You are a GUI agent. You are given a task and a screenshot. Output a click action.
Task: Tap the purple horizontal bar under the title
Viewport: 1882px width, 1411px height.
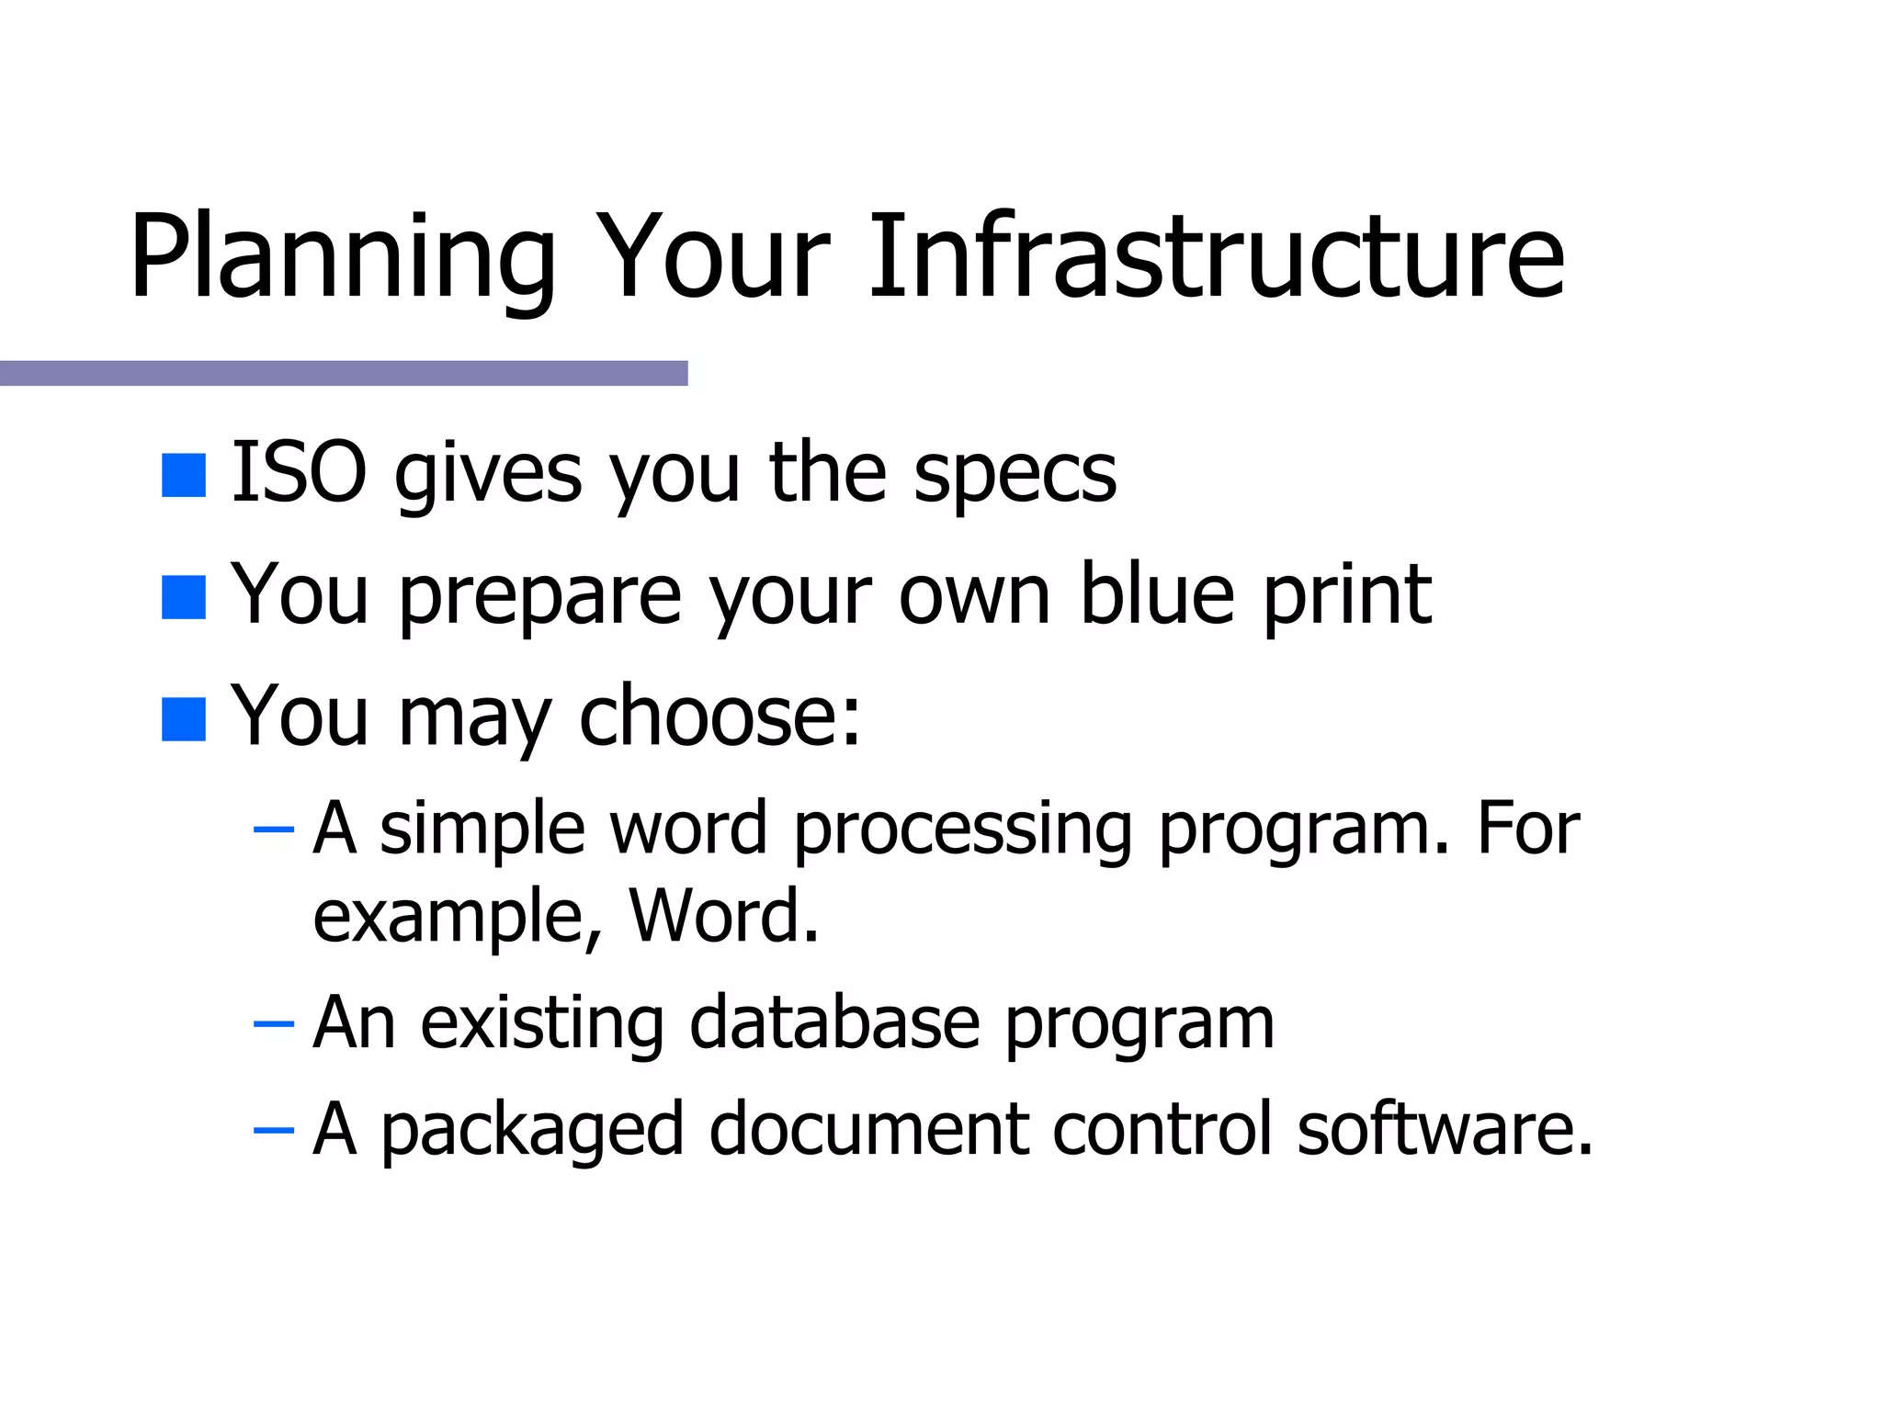[x=344, y=373]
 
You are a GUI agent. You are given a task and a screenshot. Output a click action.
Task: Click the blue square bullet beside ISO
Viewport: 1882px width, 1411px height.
[x=183, y=476]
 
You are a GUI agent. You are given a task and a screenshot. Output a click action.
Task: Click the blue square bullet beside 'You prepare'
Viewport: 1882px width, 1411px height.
[x=183, y=598]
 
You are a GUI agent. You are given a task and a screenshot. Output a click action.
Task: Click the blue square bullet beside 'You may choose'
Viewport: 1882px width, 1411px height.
[x=183, y=719]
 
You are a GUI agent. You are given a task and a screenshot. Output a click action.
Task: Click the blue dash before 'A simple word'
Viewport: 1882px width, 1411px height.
[x=273, y=830]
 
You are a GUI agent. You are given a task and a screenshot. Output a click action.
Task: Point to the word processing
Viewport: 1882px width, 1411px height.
[x=962, y=830]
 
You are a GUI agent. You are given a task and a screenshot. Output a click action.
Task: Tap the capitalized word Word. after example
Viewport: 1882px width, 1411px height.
[x=723, y=917]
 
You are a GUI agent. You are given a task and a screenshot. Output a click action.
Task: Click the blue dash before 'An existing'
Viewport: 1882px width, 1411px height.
[x=273, y=1024]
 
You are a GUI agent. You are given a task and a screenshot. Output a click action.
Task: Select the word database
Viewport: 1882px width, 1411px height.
[x=834, y=1023]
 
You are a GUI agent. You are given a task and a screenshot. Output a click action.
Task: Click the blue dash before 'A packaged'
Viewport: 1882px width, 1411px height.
[x=273, y=1130]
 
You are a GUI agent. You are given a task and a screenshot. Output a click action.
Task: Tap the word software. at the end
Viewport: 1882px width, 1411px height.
[x=1444, y=1129]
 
